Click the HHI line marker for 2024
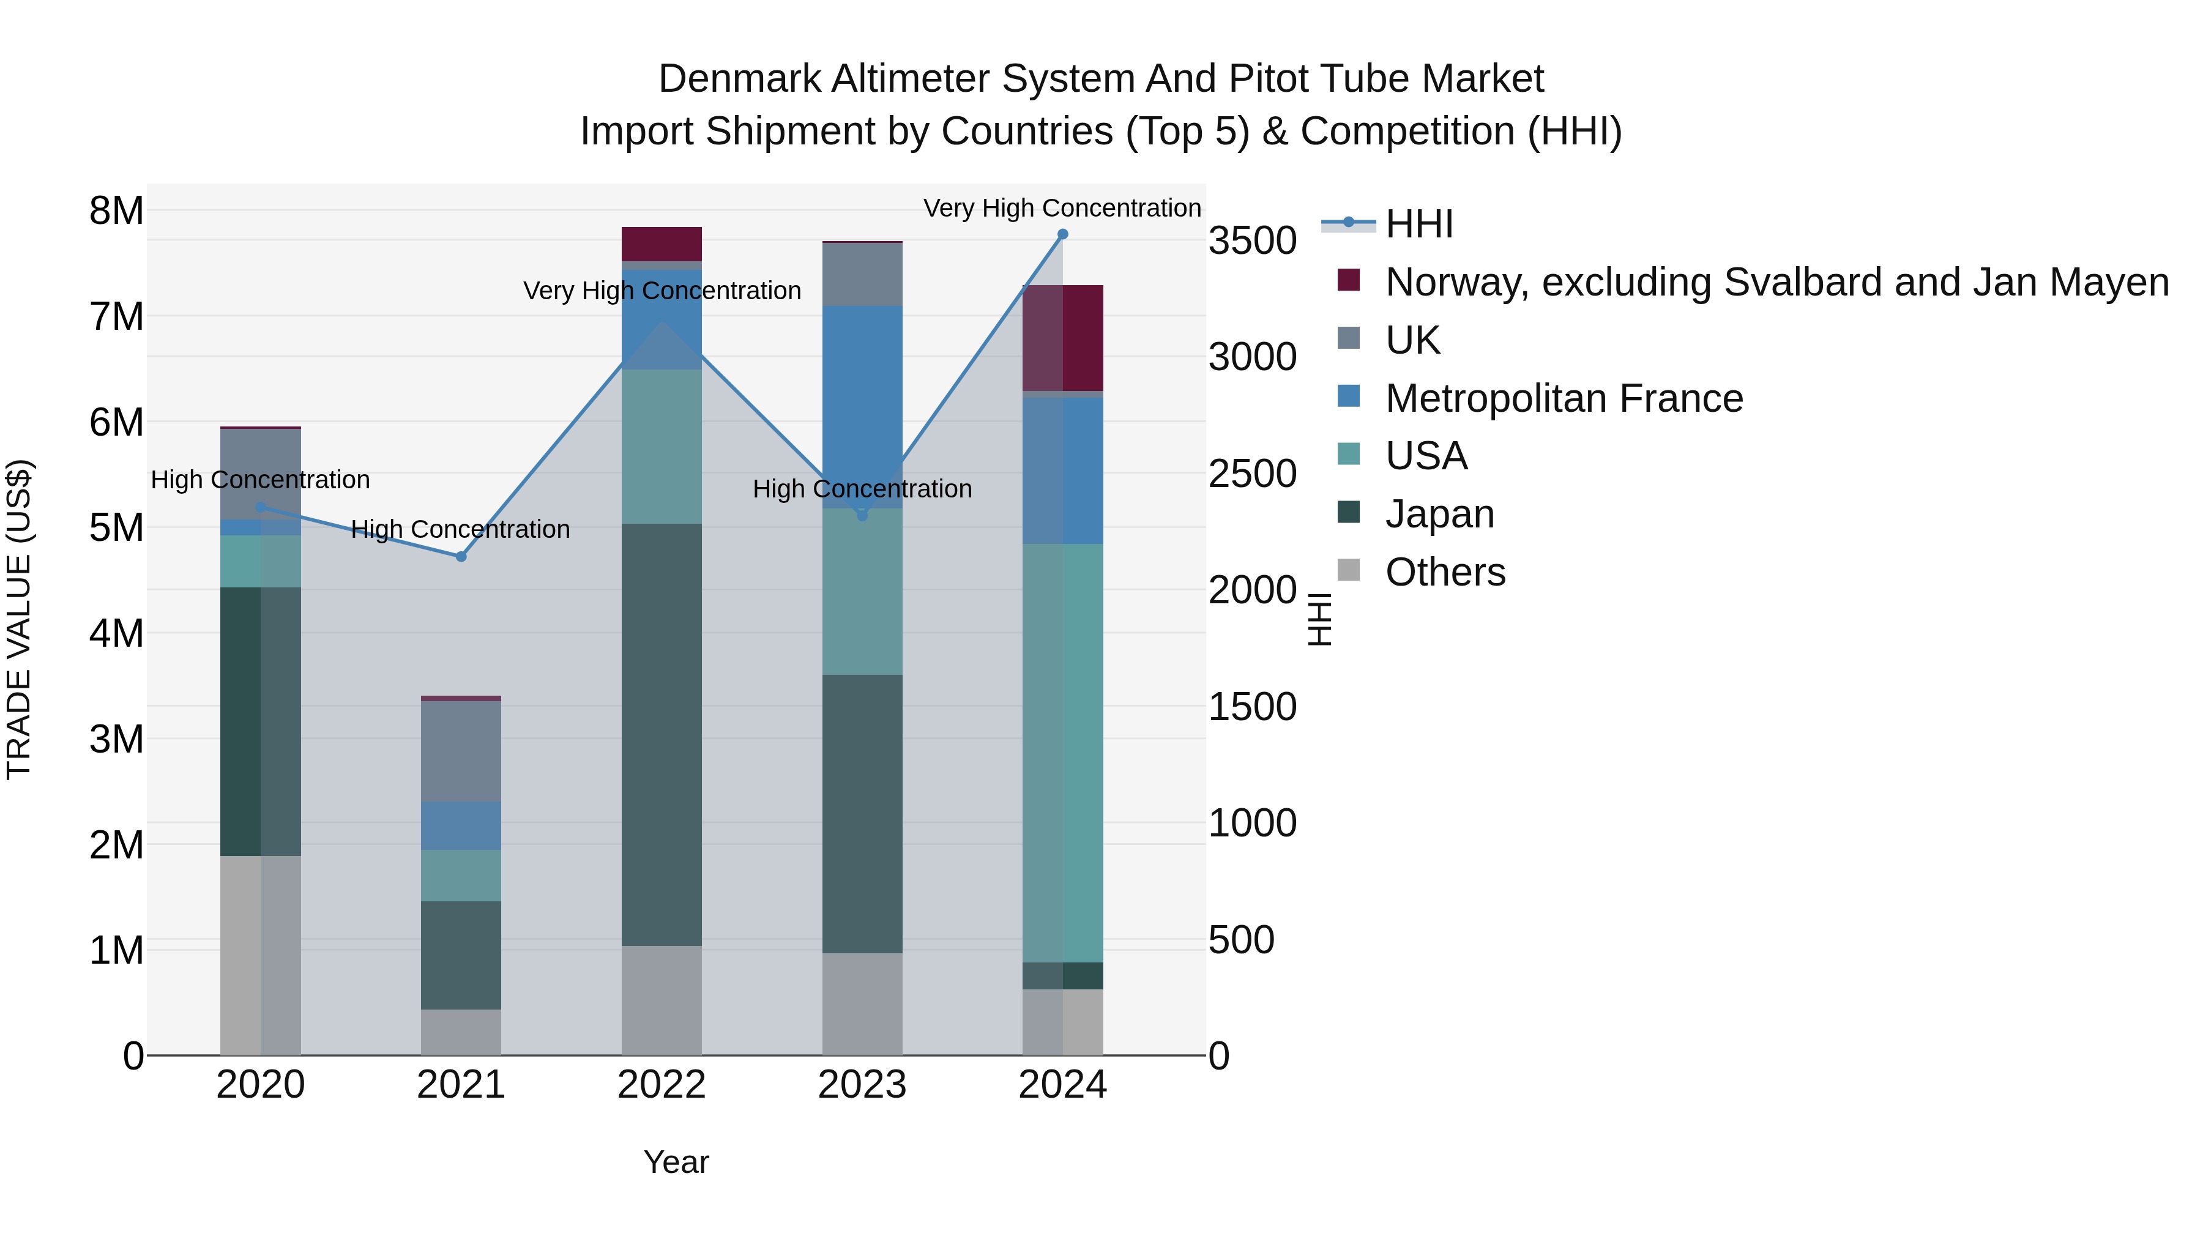tap(1062, 234)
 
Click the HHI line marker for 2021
tap(461, 557)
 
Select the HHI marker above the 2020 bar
tap(261, 507)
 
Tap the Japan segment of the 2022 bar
tap(661, 735)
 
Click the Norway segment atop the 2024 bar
tap(1062, 338)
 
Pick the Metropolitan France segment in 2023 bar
tap(862, 407)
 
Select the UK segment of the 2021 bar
tap(461, 751)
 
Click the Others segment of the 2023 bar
tap(862, 1004)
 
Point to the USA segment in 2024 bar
tap(1062, 753)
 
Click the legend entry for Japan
tap(1439, 514)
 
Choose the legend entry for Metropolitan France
tap(1564, 398)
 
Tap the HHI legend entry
tap(1418, 224)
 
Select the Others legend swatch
tap(1349, 570)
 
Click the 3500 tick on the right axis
tap(1252, 240)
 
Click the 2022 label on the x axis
tap(661, 1085)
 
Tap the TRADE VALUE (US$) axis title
tap(19, 619)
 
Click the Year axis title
tap(676, 1162)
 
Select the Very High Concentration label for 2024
tap(1062, 208)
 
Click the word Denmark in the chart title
tap(738, 79)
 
